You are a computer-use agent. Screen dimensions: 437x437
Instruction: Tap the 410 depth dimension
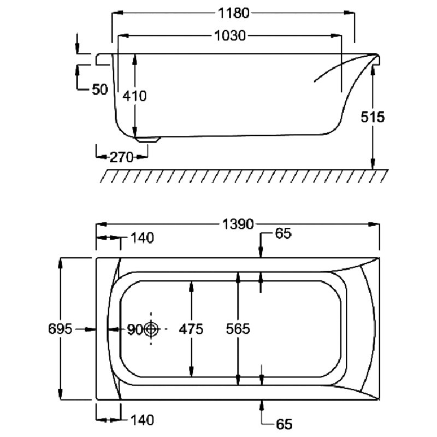(135, 96)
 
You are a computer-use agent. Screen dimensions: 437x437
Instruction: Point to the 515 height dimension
(374, 117)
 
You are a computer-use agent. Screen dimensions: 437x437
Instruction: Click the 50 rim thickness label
(99, 89)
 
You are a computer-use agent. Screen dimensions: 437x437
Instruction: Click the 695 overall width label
(60, 329)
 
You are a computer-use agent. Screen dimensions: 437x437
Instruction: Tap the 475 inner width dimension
(191, 329)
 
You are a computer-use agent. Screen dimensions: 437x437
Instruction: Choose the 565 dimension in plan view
(238, 329)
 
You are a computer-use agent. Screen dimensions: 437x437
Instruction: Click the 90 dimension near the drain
(134, 329)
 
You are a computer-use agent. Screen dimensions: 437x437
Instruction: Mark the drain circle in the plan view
(151, 329)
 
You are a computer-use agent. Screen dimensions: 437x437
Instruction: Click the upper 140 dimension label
(142, 238)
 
